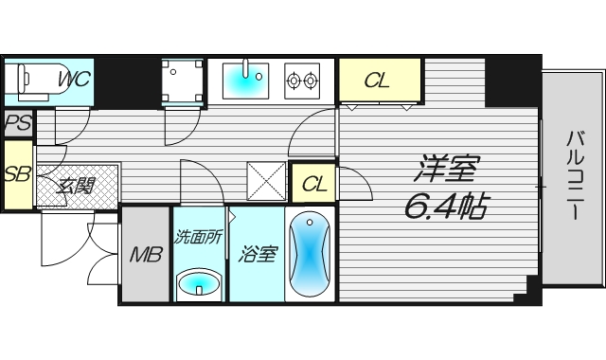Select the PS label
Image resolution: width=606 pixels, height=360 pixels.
(16, 123)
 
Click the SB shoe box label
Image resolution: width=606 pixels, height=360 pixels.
(16, 174)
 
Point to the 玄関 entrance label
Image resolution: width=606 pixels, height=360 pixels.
(77, 185)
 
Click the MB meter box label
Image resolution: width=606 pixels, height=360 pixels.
(146, 254)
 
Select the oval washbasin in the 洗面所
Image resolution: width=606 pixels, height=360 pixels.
(198, 283)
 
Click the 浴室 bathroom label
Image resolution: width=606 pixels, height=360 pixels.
(256, 254)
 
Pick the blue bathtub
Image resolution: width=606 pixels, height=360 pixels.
(311, 254)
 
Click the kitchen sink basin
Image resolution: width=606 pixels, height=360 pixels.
(249, 81)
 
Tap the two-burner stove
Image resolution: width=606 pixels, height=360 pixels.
(302, 81)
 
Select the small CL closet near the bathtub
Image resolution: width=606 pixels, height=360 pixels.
(314, 183)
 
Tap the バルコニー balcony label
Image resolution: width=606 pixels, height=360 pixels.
(573, 175)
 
